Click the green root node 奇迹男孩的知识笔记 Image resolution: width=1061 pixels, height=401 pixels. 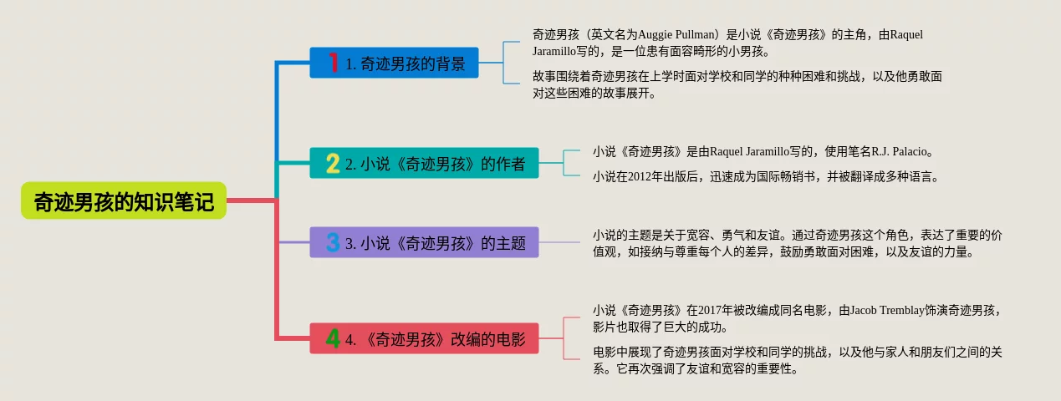pyautogui.click(x=124, y=200)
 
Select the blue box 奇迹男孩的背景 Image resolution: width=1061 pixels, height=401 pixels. pyautogui.click(x=394, y=63)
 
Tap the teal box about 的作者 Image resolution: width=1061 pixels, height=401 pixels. pyautogui.click(x=424, y=163)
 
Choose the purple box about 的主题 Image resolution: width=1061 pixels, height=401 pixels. pyautogui.click(x=424, y=242)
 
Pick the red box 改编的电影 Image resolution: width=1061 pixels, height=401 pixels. pyautogui.click(x=424, y=338)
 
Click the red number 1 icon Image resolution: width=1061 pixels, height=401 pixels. pyautogui.click(x=334, y=63)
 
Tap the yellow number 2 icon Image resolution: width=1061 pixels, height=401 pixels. pyautogui.click(x=333, y=164)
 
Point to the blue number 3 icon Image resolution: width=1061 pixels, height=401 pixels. pyautogui.click(x=333, y=242)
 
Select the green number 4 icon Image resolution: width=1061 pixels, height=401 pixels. pyautogui.click(x=333, y=338)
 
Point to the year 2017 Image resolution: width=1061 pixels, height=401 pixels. pyautogui.click(x=710, y=311)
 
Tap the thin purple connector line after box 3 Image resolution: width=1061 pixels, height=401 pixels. pyautogui.click(x=559, y=242)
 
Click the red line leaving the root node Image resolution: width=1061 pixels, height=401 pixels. pyautogui.click(x=251, y=200)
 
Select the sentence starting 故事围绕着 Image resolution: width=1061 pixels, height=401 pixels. pyautogui.click(x=737, y=84)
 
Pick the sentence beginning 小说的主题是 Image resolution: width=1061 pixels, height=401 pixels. pyautogui.click(x=798, y=243)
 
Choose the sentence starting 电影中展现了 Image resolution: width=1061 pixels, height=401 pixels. pyautogui.click(x=798, y=360)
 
